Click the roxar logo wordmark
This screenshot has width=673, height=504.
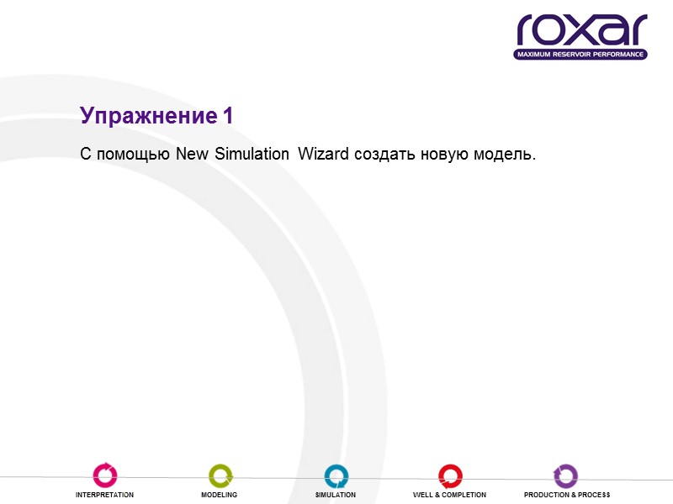tap(581, 29)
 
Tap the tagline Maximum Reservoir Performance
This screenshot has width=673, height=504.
tap(580, 55)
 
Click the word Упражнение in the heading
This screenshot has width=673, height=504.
tap(148, 117)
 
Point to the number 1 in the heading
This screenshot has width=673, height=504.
tap(228, 117)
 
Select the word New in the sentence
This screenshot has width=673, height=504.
tap(193, 155)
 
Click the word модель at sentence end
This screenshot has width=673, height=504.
tap(505, 155)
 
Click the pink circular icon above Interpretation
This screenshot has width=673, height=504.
tap(105, 475)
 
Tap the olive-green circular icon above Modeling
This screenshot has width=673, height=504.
tap(220, 475)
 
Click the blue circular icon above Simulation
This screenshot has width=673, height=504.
tap(336, 475)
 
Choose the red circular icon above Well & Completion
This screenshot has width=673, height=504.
tap(449, 475)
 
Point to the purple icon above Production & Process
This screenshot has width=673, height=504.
tap(566, 475)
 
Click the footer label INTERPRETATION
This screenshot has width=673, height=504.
tap(105, 496)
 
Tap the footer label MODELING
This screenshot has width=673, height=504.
tap(220, 496)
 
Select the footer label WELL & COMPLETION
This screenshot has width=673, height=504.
tap(449, 496)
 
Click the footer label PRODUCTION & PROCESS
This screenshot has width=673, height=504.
tap(566, 496)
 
